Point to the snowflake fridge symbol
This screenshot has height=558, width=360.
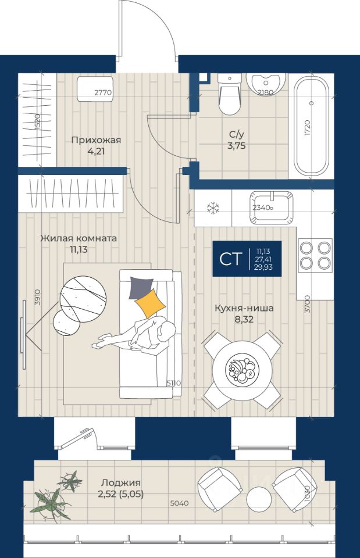(213, 207)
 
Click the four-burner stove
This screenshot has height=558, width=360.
(314, 255)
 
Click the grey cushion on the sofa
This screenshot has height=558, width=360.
(140, 287)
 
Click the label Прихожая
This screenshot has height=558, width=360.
(96, 139)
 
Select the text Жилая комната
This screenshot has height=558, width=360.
(79, 238)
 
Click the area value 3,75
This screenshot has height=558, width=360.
(237, 146)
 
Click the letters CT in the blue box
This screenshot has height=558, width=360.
(230, 259)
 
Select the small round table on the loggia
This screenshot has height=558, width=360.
(259, 499)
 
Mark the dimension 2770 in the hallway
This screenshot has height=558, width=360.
(103, 92)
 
